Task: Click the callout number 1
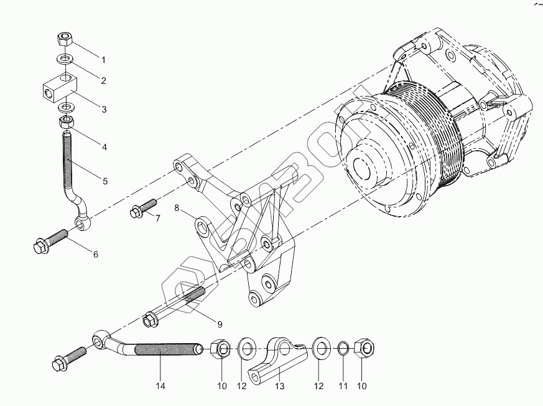(103, 60)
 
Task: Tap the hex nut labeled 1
(65, 40)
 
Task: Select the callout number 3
(104, 109)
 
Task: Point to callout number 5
(105, 181)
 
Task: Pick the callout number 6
(96, 254)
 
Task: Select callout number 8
(176, 208)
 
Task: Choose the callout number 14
(160, 386)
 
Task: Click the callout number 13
(280, 386)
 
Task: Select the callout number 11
(343, 386)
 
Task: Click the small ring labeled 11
(343, 347)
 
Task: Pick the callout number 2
(103, 80)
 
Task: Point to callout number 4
(104, 148)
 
